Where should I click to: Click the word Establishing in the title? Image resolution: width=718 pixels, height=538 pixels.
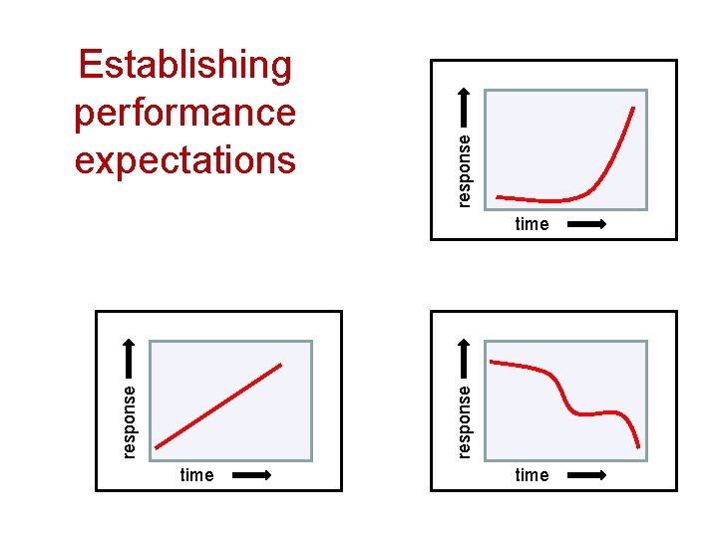[185, 66]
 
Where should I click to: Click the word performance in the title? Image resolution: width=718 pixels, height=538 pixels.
[185, 113]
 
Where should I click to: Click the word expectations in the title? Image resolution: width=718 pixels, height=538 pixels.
[185, 159]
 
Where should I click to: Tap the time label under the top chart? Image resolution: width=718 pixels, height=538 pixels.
[532, 224]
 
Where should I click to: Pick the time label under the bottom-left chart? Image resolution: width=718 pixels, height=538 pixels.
[196, 475]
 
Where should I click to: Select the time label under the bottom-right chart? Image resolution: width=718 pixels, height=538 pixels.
[532, 475]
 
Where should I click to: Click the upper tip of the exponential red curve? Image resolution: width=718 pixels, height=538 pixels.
[635, 105]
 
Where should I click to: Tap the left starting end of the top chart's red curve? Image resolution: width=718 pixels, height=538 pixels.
[497, 197]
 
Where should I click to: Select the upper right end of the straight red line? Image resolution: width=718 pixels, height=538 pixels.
[281, 365]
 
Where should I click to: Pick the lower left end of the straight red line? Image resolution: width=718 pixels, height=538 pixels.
[158, 445]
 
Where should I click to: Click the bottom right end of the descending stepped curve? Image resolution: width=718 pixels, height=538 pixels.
[638, 447]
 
